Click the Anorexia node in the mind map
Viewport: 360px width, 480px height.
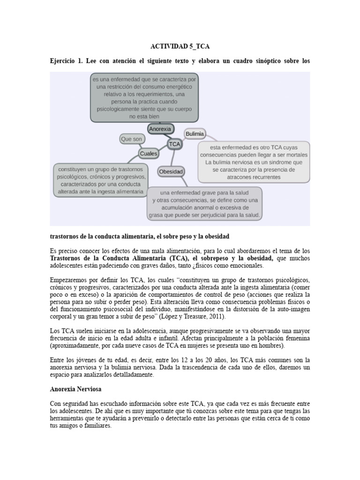point(160,128)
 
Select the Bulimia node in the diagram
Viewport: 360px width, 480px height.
point(195,134)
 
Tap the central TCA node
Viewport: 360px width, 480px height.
point(175,144)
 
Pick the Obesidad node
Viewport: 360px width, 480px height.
point(171,172)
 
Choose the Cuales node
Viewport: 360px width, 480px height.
point(148,153)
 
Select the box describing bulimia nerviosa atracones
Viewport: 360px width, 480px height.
point(254,162)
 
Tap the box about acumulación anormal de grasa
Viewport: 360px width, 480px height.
point(204,204)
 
